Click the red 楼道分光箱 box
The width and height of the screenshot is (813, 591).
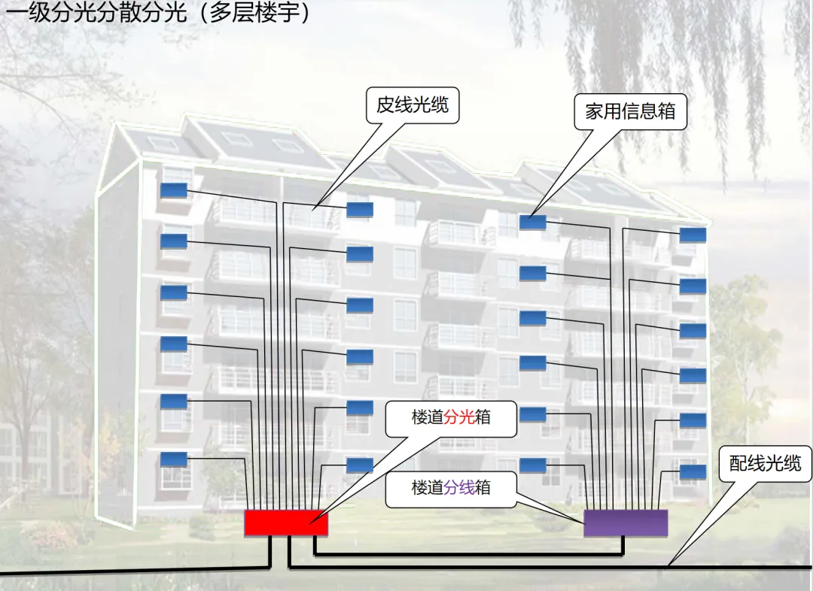pos(286,522)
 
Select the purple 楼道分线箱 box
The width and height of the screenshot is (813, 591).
pos(626,523)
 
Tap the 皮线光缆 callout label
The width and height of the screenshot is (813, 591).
pos(413,105)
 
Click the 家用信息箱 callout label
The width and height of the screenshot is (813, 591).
pos(630,111)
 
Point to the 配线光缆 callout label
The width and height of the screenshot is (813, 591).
pos(765,464)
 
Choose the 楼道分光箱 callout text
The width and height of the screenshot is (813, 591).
pos(451,417)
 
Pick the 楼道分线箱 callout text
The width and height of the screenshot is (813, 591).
pos(451,487)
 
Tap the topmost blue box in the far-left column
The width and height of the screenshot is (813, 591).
pos(173,191)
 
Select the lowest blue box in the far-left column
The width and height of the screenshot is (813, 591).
pos(173,459)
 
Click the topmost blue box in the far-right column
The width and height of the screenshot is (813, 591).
pos(693,235)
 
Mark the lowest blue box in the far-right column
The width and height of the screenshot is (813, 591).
pos(693,472)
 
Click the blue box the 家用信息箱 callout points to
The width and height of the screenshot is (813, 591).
pos(532,223)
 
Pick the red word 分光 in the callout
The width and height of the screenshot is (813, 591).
pos(459,417)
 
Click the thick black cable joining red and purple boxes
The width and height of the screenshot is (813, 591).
pos(467,556)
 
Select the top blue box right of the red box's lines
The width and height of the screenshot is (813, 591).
pos(359,209)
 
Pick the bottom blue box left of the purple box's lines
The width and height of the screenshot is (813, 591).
pos(532,465)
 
